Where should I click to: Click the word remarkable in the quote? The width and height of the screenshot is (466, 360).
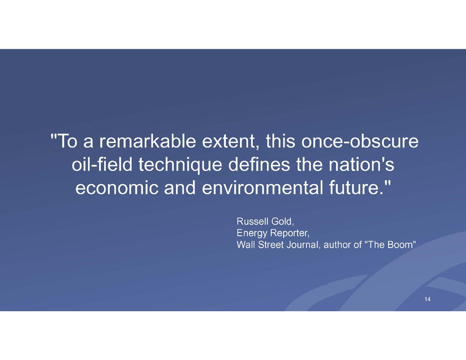(147, 141)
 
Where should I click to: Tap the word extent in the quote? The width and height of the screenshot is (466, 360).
(229, 142)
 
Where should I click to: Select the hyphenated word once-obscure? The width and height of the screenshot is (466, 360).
(360, 141)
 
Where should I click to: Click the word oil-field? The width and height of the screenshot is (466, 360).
(102, 164)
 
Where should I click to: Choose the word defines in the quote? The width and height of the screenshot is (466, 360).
(259, 164)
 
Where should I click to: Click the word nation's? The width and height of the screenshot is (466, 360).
(361, 164)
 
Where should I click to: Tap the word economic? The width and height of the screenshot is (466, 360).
(117, 188)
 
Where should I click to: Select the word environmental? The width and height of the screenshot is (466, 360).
(263, 188)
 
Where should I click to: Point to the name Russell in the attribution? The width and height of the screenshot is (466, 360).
(252, 221)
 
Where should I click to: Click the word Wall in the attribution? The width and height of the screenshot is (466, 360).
(246, 245)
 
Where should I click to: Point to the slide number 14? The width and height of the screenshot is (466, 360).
(428, 299)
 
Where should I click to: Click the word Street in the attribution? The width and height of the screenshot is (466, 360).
(271, 245)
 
